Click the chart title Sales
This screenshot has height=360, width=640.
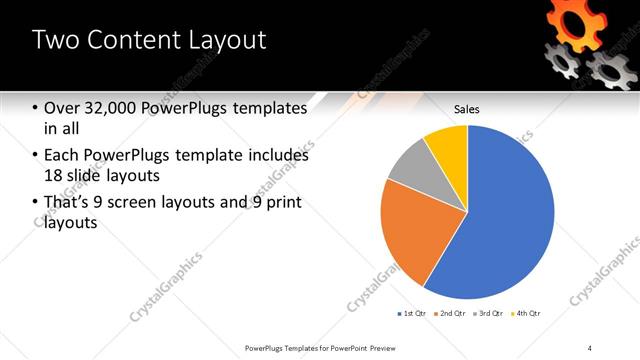(467, 107)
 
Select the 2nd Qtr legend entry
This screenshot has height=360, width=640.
(450, 313)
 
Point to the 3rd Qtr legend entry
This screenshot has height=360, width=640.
(488, 313)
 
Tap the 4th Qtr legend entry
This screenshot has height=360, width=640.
(526, 313)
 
